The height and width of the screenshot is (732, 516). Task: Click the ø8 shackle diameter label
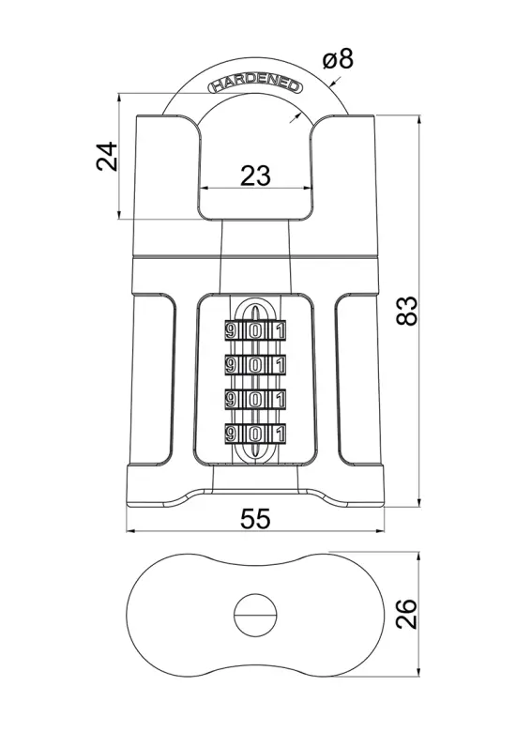(x=339, y=59)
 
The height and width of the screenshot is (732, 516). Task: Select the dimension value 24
(x=107, y=157)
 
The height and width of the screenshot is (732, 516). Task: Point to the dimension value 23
(x=255, y=175)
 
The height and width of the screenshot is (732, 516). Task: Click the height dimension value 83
(x=406, y=311)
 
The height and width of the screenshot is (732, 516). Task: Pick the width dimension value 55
(x=255, y=518)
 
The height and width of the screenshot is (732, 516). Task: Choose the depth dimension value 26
(x=406, y=614)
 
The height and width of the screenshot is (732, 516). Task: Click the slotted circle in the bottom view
(x=255, y=615)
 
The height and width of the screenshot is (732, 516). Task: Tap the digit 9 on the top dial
(x=231, y=331)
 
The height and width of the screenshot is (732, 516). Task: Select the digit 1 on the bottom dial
(x=280, y=435)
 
